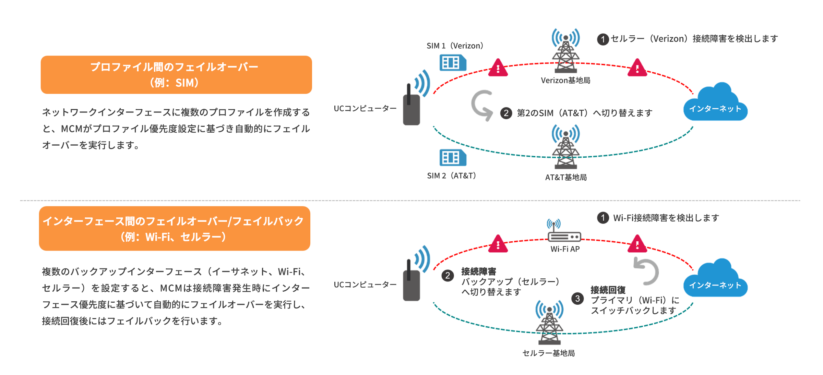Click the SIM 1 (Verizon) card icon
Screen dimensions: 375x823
[453, 63]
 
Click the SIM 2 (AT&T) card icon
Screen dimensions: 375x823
[453, 158]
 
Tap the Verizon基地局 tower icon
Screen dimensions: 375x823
[565, 51]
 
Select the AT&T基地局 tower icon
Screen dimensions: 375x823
[565, 147]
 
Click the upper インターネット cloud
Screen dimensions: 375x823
[715, 103]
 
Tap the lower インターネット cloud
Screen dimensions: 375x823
[715, 279]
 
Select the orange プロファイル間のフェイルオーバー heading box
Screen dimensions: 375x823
[176, 75]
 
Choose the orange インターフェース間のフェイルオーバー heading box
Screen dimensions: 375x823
[175, 228]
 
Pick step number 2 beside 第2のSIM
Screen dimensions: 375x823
[506, 113]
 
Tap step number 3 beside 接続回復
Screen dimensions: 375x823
[577, 299]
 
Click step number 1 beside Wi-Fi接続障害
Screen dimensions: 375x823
[603, 218]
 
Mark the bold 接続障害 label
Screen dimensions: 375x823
[479, 271]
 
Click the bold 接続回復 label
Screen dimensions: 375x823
[608, 290]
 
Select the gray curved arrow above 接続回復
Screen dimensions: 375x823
[646, 271]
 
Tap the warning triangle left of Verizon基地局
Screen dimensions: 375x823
[498, 68]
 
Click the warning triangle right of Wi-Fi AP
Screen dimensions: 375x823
[637, 244]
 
